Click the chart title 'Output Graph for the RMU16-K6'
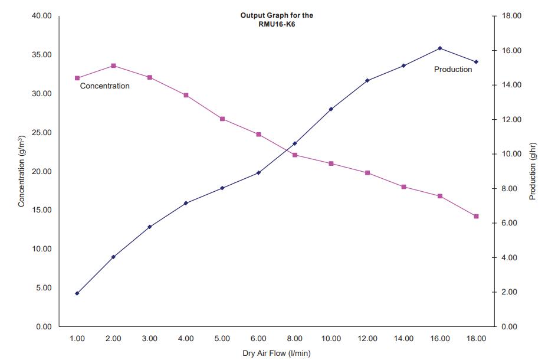(x=277, y=19)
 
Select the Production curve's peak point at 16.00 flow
(x=440, y=48)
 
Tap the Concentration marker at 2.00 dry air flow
(x=113, y=66)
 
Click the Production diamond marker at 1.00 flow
(x=77, y=293)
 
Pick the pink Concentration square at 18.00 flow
(x=476, y=216)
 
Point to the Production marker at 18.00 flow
(x=476, y=61)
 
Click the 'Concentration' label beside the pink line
(x=104, y=86)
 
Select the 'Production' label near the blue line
(x=453, y=70)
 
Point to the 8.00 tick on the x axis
(x=294, y=339)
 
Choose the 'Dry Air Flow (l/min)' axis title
(x=276, y=353)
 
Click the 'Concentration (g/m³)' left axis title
(x=21, y=171)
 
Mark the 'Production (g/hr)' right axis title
(x=533, y=171)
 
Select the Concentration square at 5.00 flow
(x=222, y=119)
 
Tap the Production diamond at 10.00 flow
(x=331, y=109)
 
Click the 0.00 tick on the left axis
(x=42, y=327)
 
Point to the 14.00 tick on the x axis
(x=403, y=339)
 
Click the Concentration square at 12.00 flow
(x=367, y=173)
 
